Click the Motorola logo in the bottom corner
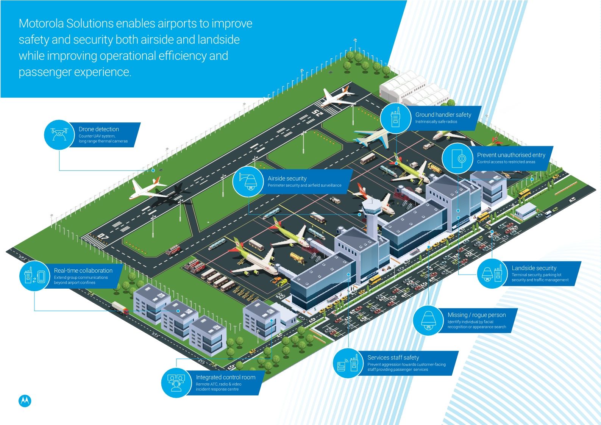click(25, 401)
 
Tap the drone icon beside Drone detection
click(59, 134)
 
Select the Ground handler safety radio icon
click(395, 117)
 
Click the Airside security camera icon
click(248, 181)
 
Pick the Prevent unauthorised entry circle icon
click(457, 159)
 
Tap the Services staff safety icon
click(348, 363)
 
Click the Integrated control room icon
click(176, 383)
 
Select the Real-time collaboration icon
click(34, 276)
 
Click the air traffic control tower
click(370, 216)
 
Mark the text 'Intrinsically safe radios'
click(436, 122)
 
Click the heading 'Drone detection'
click(98, 129)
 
